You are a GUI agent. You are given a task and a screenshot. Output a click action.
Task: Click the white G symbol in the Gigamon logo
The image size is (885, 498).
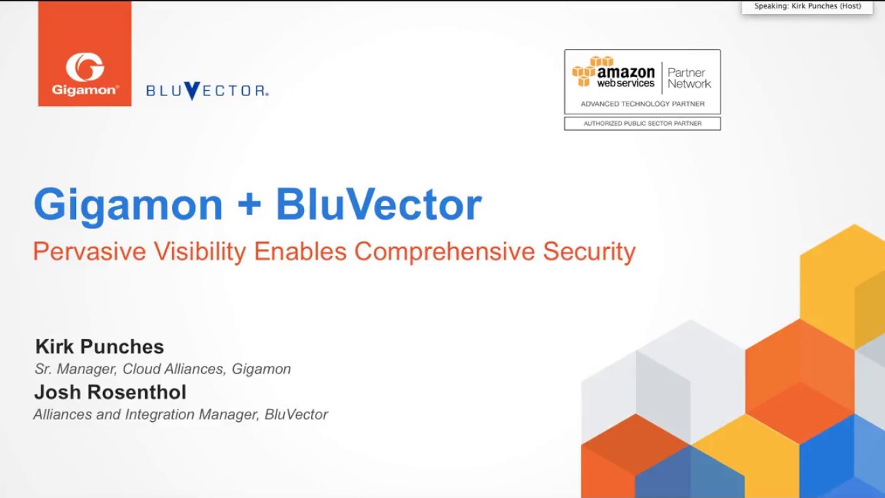pos(85,67)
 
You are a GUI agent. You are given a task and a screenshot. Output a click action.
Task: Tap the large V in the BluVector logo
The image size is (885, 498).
pos(192,91)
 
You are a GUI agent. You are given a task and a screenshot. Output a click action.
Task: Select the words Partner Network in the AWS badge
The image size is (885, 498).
pos(689,78)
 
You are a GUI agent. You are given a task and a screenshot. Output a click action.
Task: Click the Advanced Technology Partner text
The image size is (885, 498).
pos(642,104)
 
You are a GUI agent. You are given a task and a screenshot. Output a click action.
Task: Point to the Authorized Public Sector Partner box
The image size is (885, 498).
pos(642,124)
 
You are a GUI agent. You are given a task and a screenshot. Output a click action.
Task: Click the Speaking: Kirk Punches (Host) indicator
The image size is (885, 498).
pos(807,7)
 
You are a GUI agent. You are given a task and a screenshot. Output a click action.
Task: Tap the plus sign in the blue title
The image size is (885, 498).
pos(250,204)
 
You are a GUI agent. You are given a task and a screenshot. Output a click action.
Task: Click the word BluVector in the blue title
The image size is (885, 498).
pos(378,204)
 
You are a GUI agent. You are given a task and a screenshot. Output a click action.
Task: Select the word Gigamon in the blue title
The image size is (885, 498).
pos(129,205)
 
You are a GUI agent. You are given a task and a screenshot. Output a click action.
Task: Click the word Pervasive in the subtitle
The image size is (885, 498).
pos(89,251)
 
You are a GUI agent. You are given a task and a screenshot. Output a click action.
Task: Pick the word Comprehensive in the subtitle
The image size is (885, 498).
pos(445,252)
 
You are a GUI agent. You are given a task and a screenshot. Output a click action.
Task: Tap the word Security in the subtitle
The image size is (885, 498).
pos(589,252)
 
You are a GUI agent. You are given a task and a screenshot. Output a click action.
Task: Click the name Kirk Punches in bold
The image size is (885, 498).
pos(100,347)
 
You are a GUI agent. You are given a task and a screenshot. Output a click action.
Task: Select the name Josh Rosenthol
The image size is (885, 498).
pos(110,392)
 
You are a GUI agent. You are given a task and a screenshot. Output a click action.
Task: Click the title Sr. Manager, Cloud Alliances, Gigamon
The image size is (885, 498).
pos(162,369)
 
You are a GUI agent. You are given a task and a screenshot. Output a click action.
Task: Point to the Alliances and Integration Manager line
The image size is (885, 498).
pos(181,414)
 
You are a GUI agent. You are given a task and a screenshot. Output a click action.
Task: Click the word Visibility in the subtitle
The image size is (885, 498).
pos(200,252)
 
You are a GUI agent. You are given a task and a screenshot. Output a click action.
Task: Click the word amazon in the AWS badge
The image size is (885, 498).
pos(626,73)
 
